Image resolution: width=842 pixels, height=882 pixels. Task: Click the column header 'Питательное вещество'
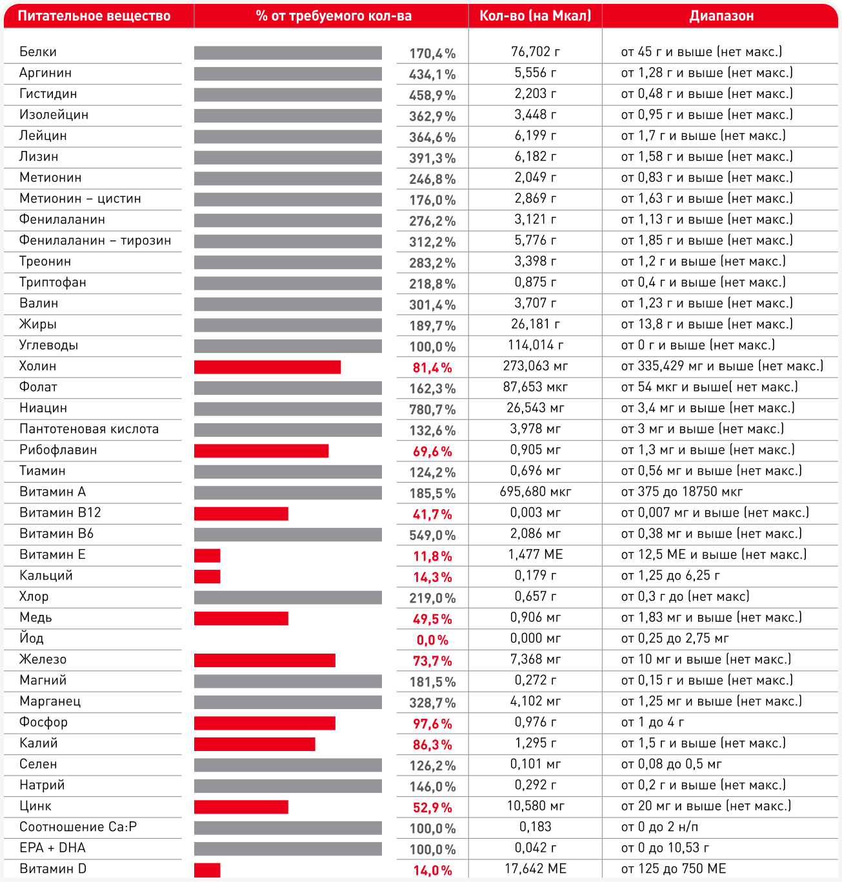(94, 16)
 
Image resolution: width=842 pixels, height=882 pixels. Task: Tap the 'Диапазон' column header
(721, 16)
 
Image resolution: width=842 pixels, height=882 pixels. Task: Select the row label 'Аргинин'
(45, 73)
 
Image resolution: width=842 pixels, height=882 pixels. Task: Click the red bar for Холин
(267, 367)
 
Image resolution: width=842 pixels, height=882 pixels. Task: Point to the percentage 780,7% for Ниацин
(432, 409)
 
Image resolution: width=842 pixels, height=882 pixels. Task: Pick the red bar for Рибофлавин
(261, 451)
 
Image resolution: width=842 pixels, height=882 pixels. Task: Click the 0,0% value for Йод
(432, 640)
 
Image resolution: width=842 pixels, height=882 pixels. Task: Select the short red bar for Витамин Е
(207, 556)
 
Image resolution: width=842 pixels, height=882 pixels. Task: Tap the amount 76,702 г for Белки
(535, 52)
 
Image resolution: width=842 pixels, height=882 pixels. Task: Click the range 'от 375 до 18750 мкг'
(682, 492)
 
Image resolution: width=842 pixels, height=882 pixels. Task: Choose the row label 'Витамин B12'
(60, 513)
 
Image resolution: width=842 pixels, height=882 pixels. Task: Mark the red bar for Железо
(265, 660)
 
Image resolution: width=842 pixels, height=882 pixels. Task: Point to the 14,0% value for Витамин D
(432, 870)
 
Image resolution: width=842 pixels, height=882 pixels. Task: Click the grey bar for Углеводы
(288, 346)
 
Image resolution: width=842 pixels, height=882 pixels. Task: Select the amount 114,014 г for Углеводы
(535, 345)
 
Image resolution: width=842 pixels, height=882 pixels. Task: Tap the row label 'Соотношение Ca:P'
(78, 827)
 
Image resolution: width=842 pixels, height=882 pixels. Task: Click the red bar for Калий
(254, 744)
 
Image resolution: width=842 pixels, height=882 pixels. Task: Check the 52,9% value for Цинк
(432, 807)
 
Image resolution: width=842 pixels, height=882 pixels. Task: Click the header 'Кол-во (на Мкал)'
(535, 16)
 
